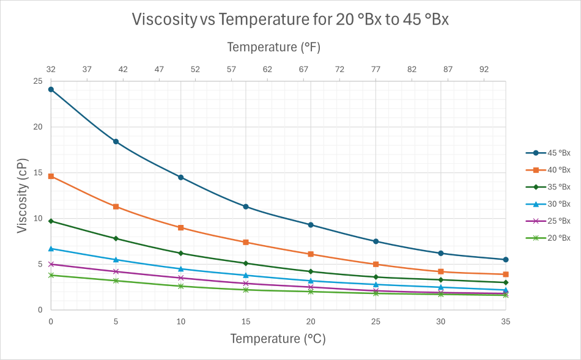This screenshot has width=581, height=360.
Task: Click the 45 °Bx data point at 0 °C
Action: coord(51,89)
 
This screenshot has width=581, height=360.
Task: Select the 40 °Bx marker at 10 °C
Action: coord(181,227)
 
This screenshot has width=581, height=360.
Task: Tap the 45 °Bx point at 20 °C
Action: coord(311,225)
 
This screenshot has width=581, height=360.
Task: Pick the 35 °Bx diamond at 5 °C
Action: coord(116,238)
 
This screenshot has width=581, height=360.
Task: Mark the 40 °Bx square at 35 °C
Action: coord(506,274)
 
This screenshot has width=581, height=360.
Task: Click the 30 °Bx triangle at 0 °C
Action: coord(51,249)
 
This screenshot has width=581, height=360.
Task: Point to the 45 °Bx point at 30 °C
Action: coord(441,253)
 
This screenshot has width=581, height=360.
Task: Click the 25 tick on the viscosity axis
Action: coord(38,81)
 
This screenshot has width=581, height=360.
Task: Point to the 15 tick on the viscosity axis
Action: coord(38,173)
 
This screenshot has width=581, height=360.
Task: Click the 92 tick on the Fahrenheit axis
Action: coord(484,69)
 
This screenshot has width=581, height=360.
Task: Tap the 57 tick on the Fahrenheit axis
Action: coord(231,69)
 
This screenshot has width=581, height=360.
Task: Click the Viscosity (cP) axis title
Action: coord(23,196)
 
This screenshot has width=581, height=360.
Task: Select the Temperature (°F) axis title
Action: coord(273,47)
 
